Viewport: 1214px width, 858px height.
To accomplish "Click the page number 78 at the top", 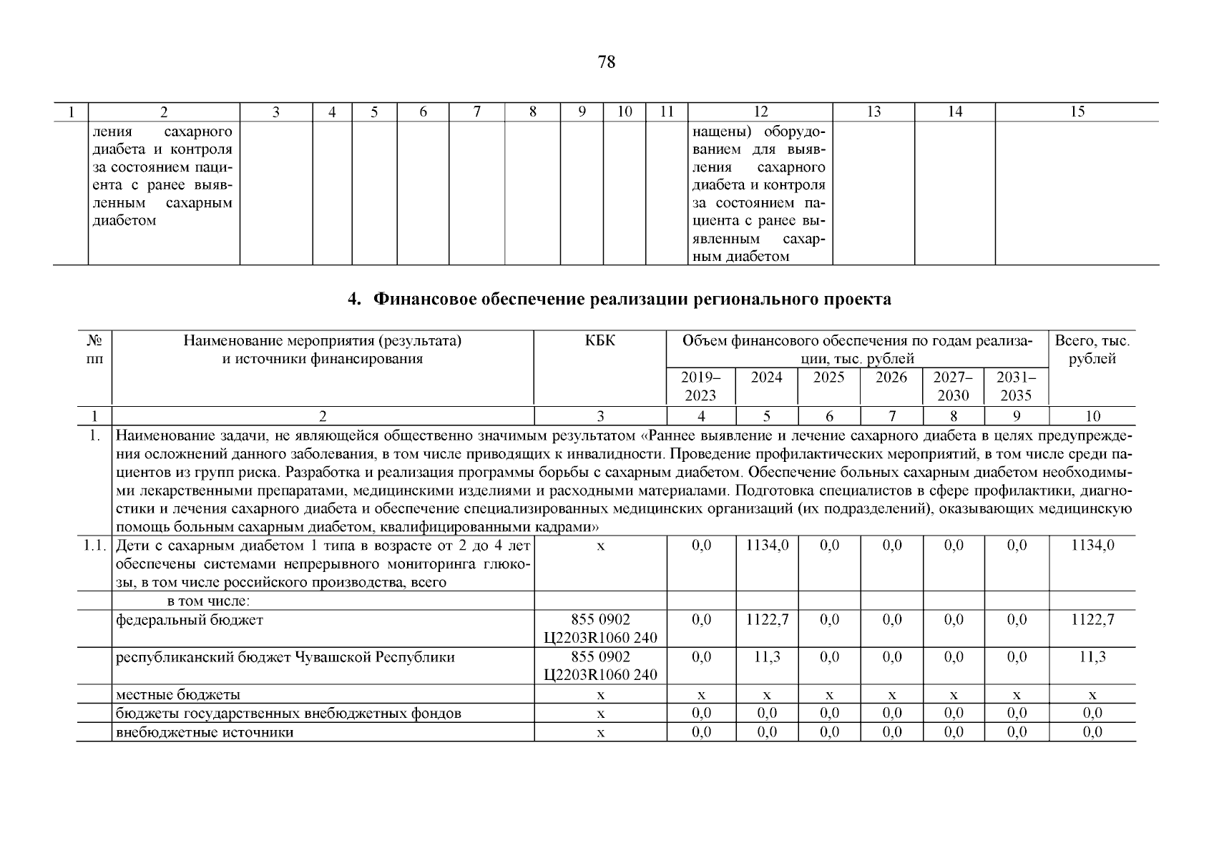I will [x=606, y=62].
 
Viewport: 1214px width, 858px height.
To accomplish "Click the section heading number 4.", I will [x=352, y=300].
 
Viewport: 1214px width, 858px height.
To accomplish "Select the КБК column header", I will [x=599, y=341].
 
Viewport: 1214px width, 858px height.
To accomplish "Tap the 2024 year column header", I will [x=766, y=378].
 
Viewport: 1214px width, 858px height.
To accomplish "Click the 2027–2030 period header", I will [x=953, y=386].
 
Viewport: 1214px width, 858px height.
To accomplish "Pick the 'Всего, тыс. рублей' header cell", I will [x=1092, y=350].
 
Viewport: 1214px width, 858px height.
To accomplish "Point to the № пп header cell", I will [x=94, y=350].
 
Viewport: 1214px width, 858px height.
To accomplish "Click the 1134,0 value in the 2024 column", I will [x=767, y=546].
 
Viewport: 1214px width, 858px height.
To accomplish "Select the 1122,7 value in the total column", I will [x=1092, y=620].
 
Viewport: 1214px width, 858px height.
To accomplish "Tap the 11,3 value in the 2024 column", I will [x=767, y=657].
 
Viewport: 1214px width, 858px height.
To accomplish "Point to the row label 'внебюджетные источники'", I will [x=205, y=732].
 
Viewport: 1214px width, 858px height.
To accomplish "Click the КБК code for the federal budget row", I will [x=600, y=628].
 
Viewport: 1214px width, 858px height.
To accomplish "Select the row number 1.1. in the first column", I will [x=93, y=546].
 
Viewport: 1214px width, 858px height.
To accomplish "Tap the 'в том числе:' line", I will [x=207, y=601].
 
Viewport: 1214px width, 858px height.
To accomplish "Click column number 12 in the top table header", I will [x=760, y=112].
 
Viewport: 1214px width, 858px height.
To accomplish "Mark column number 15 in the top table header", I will [x=1077, y=112].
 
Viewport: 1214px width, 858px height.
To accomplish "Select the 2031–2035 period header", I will [x=1016, y=386].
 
